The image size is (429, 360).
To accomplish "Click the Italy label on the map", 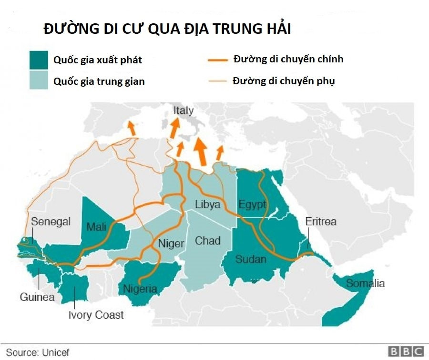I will point(184,111).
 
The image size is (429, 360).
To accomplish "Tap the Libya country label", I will point(208,205).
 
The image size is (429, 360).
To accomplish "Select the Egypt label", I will point(252,205).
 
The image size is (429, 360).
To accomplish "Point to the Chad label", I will point(208,241).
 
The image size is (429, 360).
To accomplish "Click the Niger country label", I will point(171,244).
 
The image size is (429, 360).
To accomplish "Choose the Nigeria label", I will point(140,289).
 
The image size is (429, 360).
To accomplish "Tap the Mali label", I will point(96,227).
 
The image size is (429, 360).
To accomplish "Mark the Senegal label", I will point(51,221).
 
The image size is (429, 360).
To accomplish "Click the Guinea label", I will point(37,298).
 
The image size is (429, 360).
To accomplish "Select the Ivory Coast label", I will point(96,315).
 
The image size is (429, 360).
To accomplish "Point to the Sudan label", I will point(251,260).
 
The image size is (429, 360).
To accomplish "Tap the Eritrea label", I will point(321,221).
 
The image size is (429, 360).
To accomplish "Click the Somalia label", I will point(365,284).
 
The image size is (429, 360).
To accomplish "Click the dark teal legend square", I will point(39,60).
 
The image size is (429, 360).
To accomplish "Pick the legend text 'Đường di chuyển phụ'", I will point(284,81).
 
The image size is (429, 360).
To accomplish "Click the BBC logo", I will point(406,352).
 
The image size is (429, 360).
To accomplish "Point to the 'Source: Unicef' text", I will point(38,353).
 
